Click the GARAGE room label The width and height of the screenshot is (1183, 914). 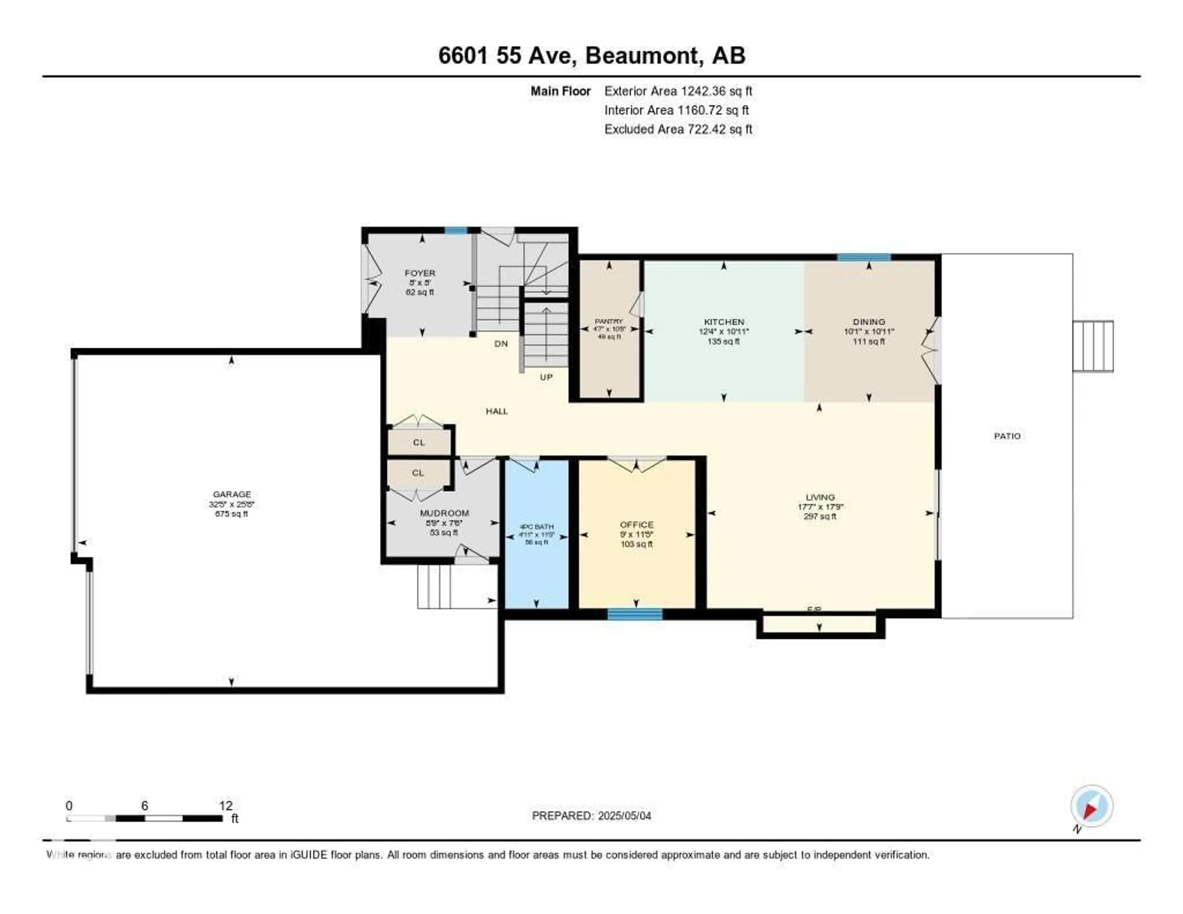(232, 494)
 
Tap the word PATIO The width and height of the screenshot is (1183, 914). (1007, 436)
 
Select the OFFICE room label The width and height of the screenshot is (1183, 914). (636, 524)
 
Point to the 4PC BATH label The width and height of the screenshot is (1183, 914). (536, 527)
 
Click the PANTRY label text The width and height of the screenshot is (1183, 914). (608, 321)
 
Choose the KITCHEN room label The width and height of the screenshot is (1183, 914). (724, 322)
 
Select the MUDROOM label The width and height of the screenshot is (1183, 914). (444, 513)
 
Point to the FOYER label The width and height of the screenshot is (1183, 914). (420, 273)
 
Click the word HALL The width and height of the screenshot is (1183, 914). (497, 411)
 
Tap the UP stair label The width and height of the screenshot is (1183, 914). (546, 377)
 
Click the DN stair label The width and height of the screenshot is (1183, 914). (501, 344)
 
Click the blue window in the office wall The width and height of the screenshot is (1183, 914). (635, 614)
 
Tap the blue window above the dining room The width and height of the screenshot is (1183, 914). (864, 257)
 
